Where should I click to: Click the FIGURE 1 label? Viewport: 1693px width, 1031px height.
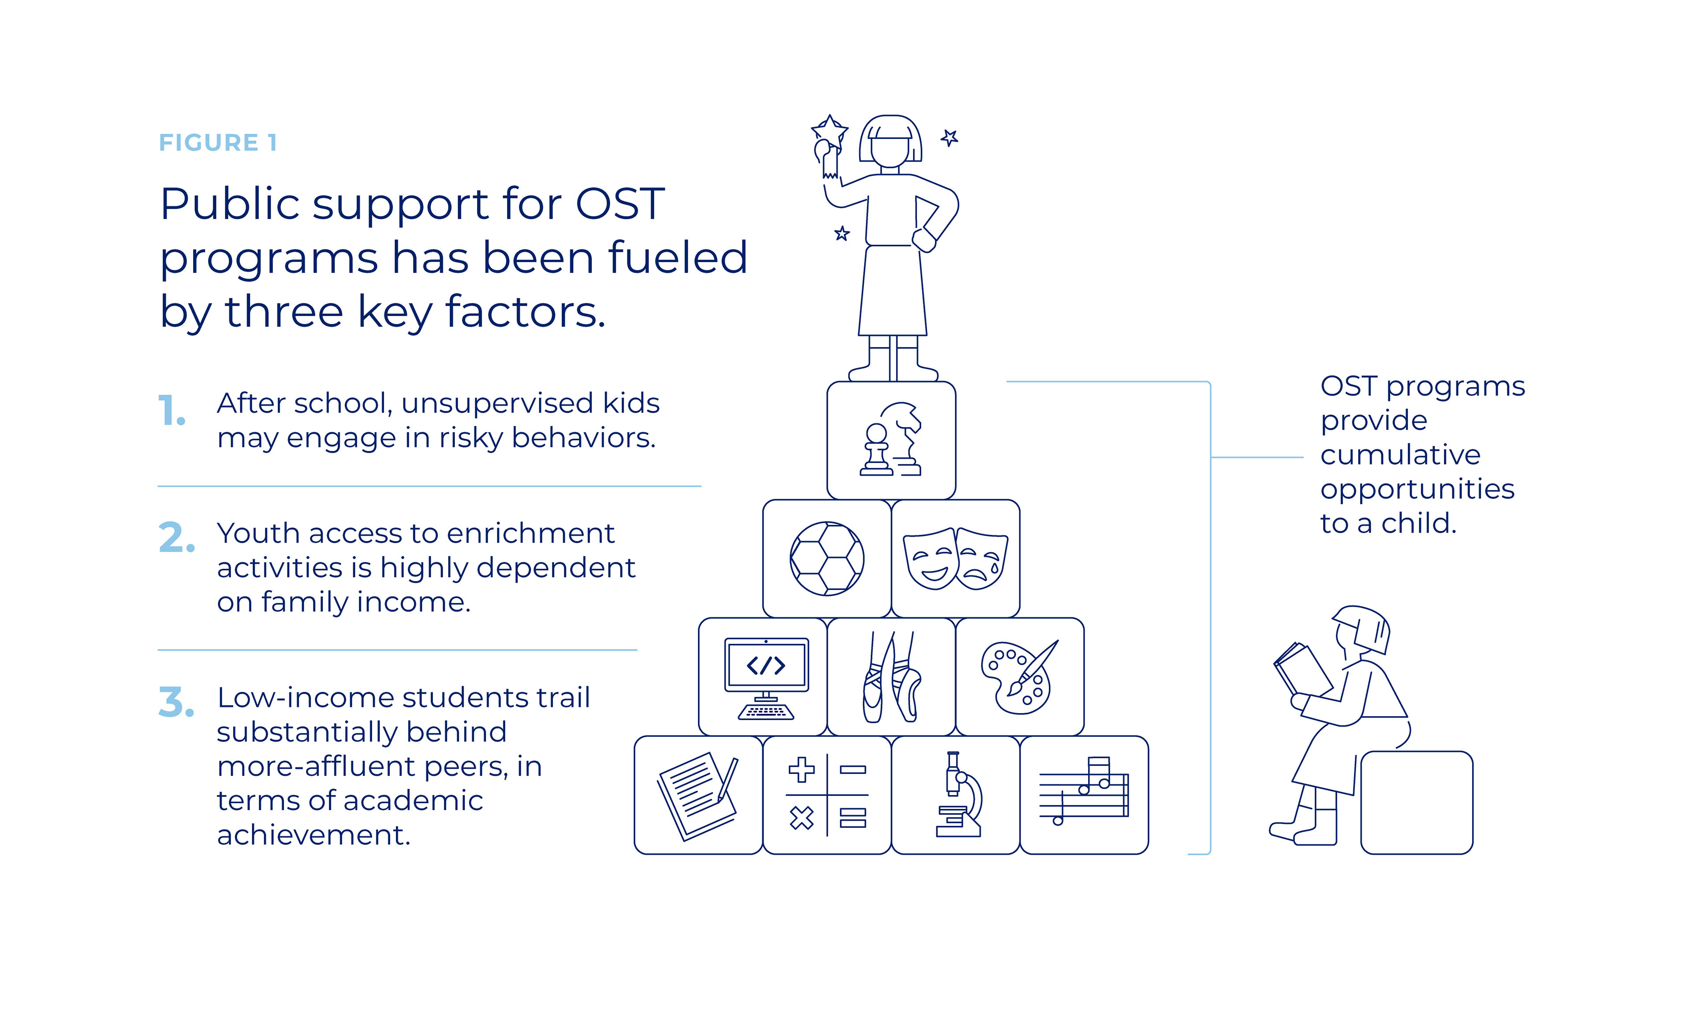[x=218, y=142]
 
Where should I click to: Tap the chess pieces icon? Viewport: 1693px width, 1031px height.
[x=891, y=440]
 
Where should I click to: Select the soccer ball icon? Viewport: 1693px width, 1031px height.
[x=827, y=558]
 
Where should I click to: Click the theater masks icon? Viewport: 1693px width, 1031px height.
[x=955, y=558]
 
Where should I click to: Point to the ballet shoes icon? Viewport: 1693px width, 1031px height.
[x=891, y=677]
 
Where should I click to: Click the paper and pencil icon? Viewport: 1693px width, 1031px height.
[x=697, y=795]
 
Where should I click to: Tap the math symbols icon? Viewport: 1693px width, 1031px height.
[x=827, y=795]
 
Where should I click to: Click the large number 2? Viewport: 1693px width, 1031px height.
[x=176, y=538]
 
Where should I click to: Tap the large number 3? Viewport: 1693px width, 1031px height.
[x=176, y=702]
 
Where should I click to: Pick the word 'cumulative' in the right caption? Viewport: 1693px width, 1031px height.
[x=1400, y=455]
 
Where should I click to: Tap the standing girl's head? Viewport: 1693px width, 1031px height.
[x=891, y=141]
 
